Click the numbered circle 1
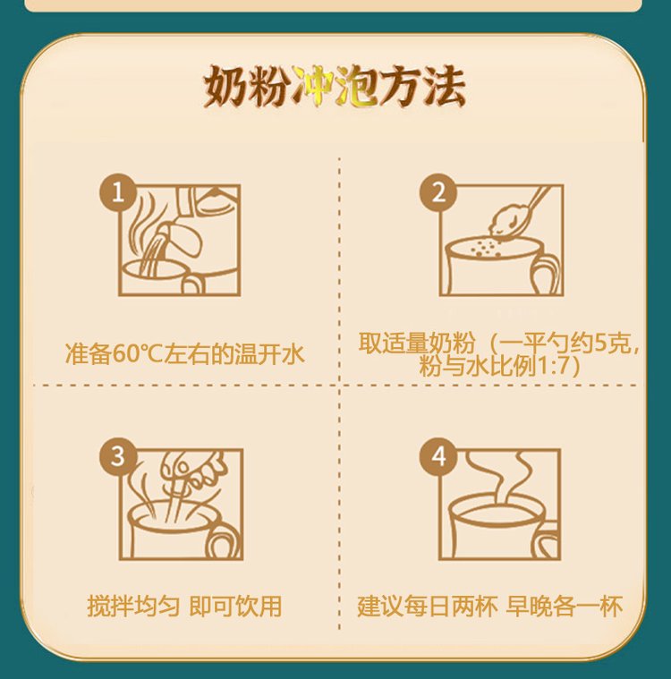pos(118,192)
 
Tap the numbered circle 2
pos(438,192)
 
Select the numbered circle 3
pos(118,456)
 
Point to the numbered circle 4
pos(438,456)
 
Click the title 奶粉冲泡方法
pos(335,87)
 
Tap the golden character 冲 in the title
pos(312,87)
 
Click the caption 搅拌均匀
pos(133,606)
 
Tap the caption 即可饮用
pos(235,606)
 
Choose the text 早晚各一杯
pos(565,606)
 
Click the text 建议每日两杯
pos(428,606)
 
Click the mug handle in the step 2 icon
pos(545,272)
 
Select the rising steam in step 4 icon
pos(498,476)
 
